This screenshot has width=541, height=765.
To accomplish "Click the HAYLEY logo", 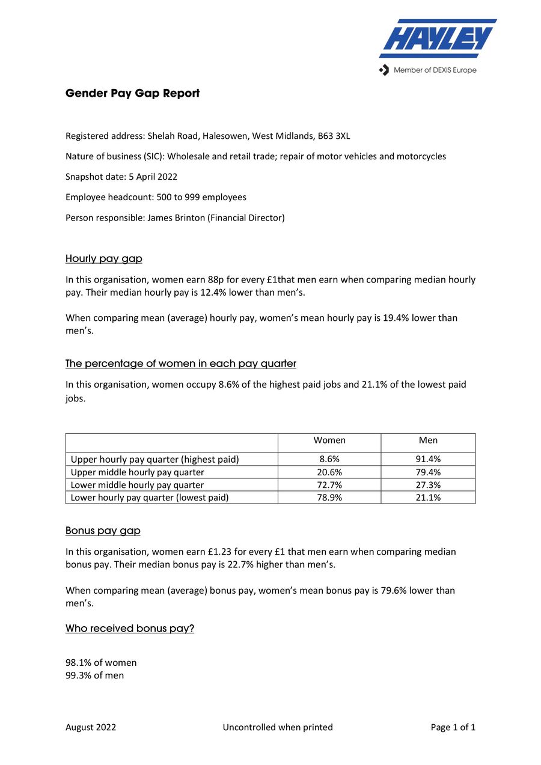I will coord(438,38).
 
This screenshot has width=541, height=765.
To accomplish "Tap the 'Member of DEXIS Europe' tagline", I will coord(434,70).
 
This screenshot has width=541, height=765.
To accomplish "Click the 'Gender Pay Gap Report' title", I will coord(132,93).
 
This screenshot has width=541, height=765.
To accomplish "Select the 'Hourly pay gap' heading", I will coord(103,258).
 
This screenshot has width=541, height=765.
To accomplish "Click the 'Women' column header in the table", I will coord(329,440).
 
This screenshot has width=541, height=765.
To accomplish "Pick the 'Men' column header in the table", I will coord(428,440).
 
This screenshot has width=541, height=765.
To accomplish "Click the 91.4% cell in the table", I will coord(428,459).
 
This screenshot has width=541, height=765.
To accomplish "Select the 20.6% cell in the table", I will coord(329,472).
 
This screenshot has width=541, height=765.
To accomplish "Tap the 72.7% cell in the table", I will coord(329,485).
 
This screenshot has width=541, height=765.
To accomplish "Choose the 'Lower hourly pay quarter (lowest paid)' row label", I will coord(150,498).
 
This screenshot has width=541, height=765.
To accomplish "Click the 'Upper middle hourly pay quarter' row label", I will coord(137,472).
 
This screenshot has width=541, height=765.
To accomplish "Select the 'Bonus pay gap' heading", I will coord(103,531).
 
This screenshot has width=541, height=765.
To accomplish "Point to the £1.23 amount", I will coord(221,552).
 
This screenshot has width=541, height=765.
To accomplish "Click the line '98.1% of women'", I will coord(101,662).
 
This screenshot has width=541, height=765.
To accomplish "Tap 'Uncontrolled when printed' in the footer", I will coord(278,727).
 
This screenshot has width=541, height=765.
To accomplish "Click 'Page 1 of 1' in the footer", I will coord(453,727).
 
